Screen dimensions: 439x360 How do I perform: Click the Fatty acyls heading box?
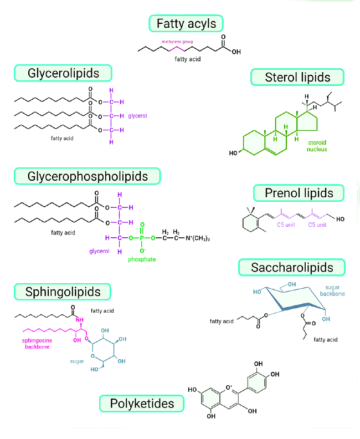click(186, 24)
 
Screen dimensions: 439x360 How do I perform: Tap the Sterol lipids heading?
click(297, 77)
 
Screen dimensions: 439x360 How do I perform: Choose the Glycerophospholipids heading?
click(88, 176)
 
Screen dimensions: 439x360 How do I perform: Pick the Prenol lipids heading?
click(299, 193)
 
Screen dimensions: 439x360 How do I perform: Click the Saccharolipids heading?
click(292, 268)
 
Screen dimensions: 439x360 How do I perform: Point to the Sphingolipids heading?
click(63, 292)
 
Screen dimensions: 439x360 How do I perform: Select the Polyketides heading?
click(141, 403)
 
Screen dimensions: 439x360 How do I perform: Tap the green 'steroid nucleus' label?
click(317, 146)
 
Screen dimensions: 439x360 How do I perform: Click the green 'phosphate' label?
click(142, 259)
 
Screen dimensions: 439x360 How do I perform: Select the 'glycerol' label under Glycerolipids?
click(137, 116)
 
